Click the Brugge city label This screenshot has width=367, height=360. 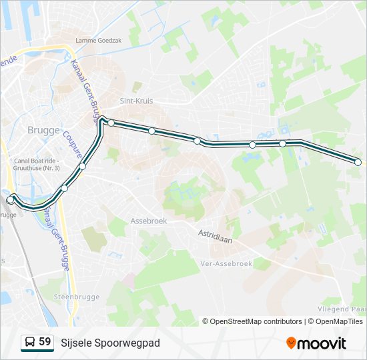tap(44, 131)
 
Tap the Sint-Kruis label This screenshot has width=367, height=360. tap(136, 101)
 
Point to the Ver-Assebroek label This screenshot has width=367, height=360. tap(226, 264)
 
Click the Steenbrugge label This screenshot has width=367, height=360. tap(76, 296)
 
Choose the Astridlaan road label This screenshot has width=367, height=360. tap(215, 236)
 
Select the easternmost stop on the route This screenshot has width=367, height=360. tap(358, 162)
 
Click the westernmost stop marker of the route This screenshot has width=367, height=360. tap(10, 199)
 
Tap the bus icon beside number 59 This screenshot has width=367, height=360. tap(29, 343)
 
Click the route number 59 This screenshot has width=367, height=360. tap(45, 342)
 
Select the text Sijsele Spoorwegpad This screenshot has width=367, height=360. tap(110, 343)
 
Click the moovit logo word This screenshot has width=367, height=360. tap(322, 343)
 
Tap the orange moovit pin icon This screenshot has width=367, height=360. tap(291, 343)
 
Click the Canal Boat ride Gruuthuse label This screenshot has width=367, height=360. tap(37, 164)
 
